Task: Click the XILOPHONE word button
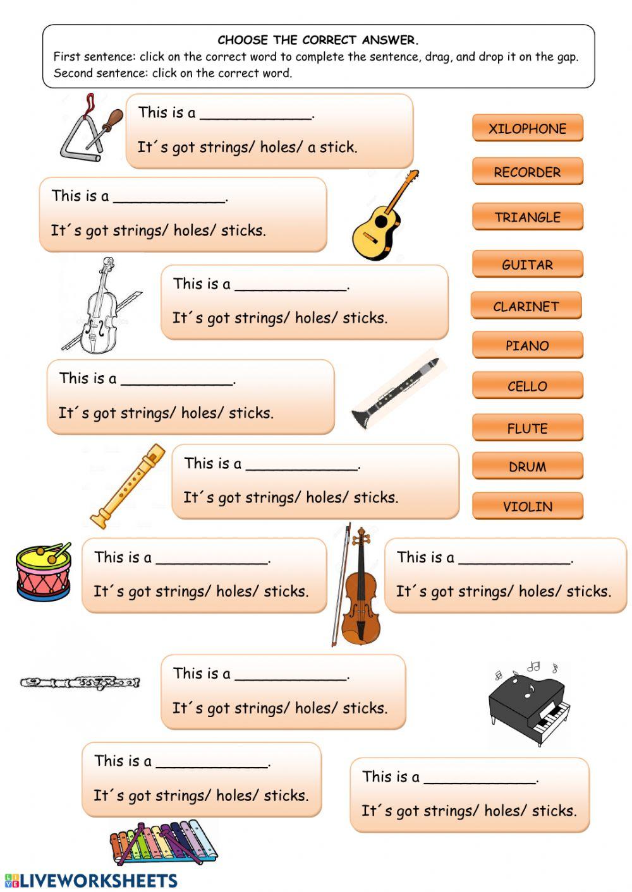[x=527, y=128]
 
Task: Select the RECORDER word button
[x=527, y=172]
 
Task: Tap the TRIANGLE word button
[x=527, y=217]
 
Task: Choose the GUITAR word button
[x=527, y=265]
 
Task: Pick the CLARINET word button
[x=526, y=306]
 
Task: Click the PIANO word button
[x=527, y=345]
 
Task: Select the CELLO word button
[x=527, y=386]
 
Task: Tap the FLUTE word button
[x=527, y=428]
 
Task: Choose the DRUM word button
[x=527, y=467]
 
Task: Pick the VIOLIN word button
[x=527, y=506]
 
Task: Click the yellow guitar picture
[x=383, y=218]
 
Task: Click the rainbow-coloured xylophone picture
[x=162, y=842]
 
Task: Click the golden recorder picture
[x=127, y=485]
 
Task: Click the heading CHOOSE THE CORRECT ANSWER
[x=318, y=40]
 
